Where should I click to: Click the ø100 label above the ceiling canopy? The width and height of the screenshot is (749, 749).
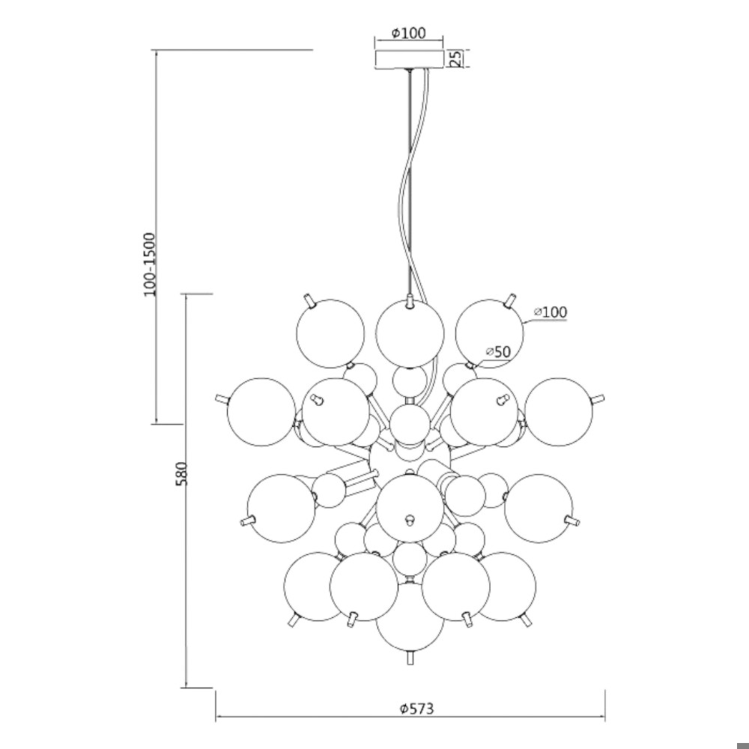pyautogui.click(x=408, y=33)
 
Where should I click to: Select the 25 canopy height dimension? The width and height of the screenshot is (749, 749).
pyautogui.click(x=456, y=58)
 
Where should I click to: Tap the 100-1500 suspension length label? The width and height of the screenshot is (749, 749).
pyautogui.click(x=150, y=264)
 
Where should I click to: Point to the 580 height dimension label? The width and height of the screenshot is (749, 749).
pyautogui.click(x=182, y=473)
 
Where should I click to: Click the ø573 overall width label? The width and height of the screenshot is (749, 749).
pyautogui.click(x=417, y=708)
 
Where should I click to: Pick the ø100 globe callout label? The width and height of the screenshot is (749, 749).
pyautogui.click(x=551, y=312)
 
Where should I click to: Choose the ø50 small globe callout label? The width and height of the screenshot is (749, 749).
pyautogui.click(x=499, y=351)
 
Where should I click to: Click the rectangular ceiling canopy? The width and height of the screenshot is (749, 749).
pyautogui.click(x=410, y=59)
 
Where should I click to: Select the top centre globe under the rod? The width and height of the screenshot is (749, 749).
pyautogui.click(x=410, y=333)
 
